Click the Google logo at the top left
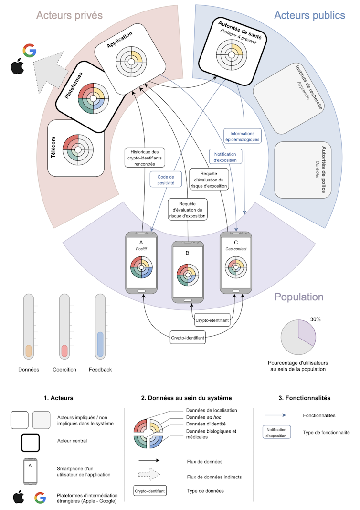(30, 51)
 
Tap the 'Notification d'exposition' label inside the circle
(225, 157)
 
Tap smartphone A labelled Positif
(141, 263)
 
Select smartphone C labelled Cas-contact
(236, 263)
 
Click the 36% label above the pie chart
(316, 319)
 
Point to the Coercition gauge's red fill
(64, 350)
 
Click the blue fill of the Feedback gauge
(100, 345)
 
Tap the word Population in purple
(299, 297)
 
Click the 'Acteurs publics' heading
(309, 15)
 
